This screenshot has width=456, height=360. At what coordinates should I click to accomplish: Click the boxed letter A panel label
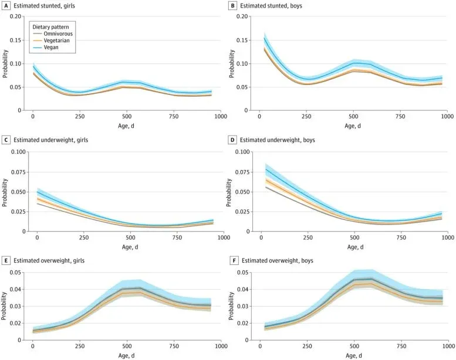(x=5, y=5)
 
